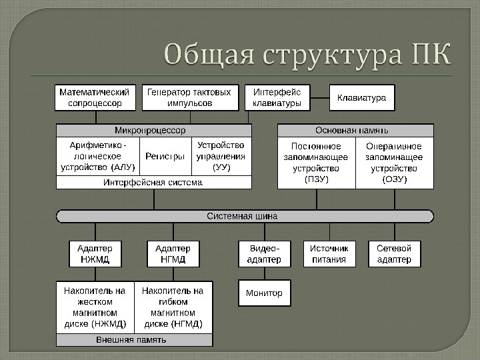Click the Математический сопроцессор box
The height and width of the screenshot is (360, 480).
[95, 97]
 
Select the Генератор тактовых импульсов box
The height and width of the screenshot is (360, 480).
[189, 97]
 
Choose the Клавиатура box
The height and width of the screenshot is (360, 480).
[362, 98]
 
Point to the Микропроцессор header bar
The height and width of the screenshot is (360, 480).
[154, 130]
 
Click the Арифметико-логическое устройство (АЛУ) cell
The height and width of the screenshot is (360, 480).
[97, 156]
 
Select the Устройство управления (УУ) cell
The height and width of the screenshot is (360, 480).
[221, 156]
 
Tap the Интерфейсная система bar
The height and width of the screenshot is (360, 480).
[154, 182]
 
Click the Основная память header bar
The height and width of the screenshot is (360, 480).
[355, 130]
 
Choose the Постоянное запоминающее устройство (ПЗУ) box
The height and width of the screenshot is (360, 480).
[316, 162]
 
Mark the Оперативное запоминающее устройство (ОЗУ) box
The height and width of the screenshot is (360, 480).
[394, 162]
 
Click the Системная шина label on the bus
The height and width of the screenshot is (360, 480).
[242, 216]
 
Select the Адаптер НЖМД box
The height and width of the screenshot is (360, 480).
[95, 254]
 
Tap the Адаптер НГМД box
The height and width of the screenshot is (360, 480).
[173, 254]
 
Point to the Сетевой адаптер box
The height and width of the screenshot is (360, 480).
[394, 254]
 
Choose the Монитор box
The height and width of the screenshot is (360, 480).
[264, 293]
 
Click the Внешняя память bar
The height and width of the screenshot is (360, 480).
[135, 340]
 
